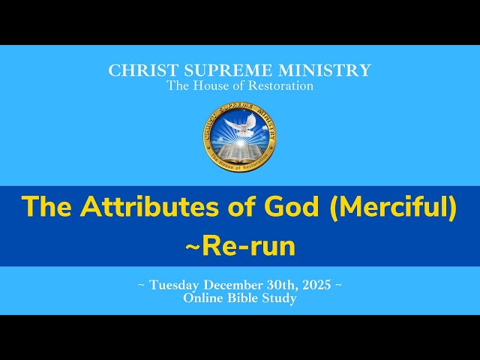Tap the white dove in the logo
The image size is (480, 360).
coord(240,126)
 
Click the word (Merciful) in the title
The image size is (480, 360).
coord(393,207)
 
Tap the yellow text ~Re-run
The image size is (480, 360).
coord(240,246)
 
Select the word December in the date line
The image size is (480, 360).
coord(241,285)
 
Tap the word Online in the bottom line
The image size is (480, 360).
coord(202,298)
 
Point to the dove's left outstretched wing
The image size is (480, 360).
coord(229,123)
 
